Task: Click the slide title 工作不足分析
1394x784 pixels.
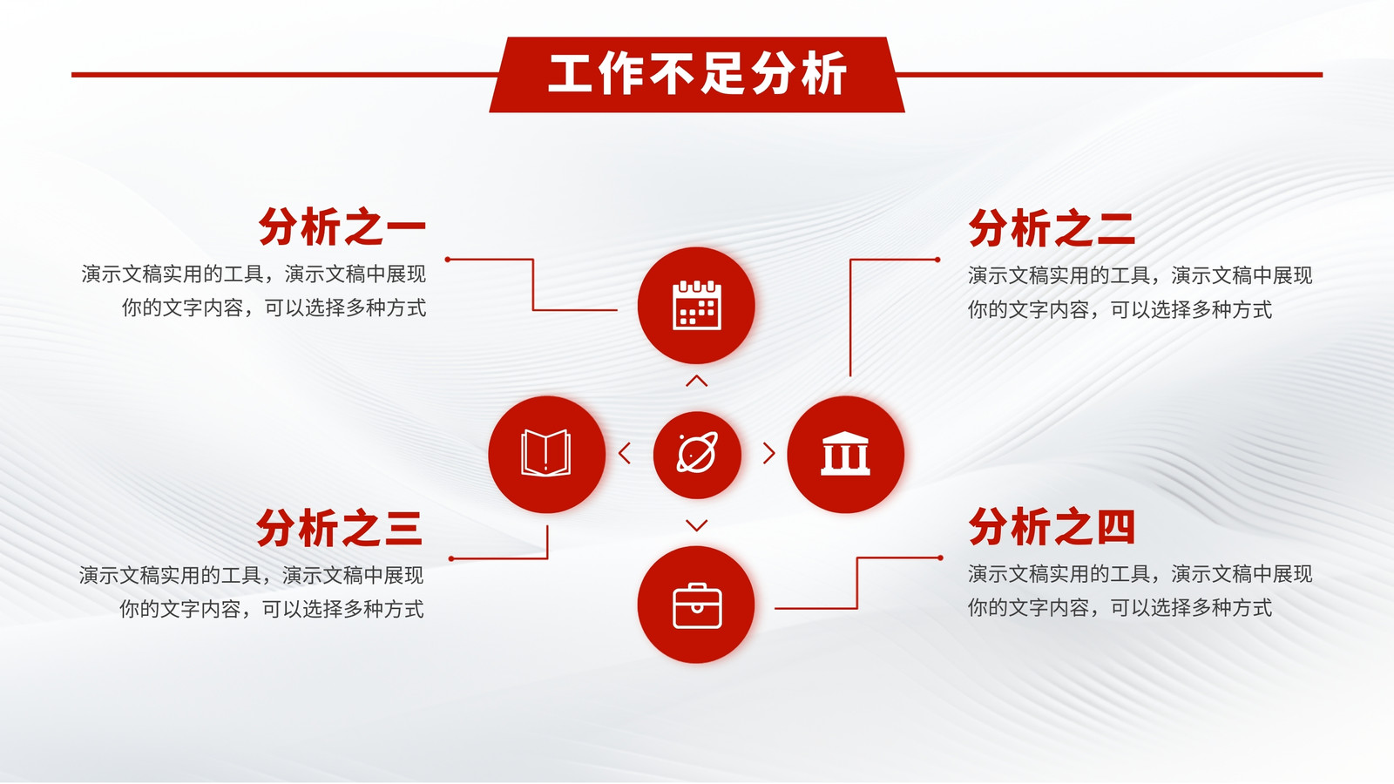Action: pos(697,74)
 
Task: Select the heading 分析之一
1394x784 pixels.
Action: pos(342,227)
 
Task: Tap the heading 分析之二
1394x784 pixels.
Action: pos(1052,228)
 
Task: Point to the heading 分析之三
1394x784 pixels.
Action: pos(340,528)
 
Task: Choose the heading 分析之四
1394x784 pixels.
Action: pos(1052,526)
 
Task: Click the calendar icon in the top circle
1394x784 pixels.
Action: pos(697,305)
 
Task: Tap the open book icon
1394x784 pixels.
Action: pos(545,453)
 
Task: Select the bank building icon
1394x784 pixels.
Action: pos(845,454)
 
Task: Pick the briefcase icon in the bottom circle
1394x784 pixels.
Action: pos(697,605)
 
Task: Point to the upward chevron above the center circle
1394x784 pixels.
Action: pos(696,381)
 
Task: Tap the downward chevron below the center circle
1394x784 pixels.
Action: pos(696,525)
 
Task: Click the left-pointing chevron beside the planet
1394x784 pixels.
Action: pos(625,453)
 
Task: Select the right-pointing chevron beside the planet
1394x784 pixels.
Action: pos(769,453)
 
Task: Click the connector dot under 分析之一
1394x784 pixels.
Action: pos(448,259)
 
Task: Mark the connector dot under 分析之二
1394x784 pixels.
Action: pos(937,260)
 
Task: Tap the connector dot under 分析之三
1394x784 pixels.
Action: pos(451,558)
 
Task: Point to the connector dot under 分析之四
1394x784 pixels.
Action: pos(940,558)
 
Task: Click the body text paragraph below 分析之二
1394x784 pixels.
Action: pos(1140,292)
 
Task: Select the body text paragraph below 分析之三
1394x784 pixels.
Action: pos(252,591)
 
